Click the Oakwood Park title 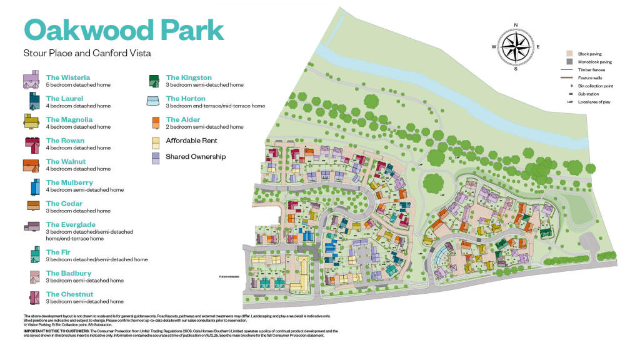(x=123, y=31)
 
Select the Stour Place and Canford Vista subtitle (x=87, y=53)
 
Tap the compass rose (x=516, y=47)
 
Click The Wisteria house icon (x=31, y=81)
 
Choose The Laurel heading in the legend (x=64, y=99)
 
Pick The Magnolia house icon (x=31, y=122)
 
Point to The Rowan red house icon (x=31, y=143)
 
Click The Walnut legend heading (x=66, y=162)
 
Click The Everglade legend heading (x=71, y=225)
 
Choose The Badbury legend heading (x=68, y=274)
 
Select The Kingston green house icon (x=153, y=81)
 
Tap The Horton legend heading (x=186, y=99)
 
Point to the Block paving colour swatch (x=569, y=54)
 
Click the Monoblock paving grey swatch (x=569, y=62)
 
